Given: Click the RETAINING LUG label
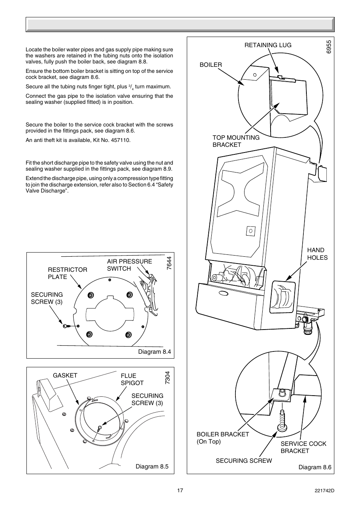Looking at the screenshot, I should [x=268, y=45].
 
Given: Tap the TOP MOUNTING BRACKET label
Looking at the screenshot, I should [x=236, y=141].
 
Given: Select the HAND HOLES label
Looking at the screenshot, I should [x=317, y=254].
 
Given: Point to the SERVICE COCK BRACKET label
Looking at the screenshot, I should [x=303, y=447].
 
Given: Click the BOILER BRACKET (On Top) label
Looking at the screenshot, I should [x=223, y=438].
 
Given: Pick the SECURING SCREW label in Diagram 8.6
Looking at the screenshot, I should [x=243, y=461].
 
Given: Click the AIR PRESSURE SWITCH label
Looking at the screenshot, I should [x=129, y=265].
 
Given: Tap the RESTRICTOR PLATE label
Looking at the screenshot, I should [x=67, y=273].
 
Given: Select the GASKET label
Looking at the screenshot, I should [x=65, y=375].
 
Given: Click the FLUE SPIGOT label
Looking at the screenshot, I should [x=132, y=379].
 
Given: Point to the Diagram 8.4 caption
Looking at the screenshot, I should [x=154, y=352].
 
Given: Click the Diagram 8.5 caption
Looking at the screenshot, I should [x=152, y=467].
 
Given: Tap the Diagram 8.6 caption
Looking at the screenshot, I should [x=315, y=467].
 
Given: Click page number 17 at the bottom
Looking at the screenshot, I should [x=180, y=490].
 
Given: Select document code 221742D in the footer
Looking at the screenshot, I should [x=324, y=491].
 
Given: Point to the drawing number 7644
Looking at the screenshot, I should [x=169, y=263].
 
